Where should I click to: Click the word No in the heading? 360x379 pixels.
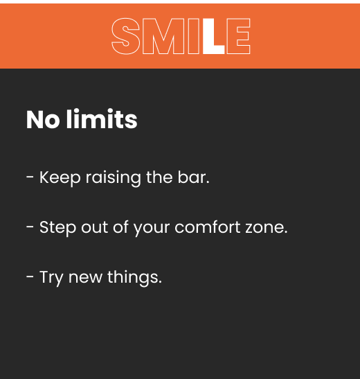coord(43,119)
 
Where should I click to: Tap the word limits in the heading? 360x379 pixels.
coord(102,119)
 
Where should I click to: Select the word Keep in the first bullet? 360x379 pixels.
coord(60,178)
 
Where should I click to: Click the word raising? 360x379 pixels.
coord(114,178)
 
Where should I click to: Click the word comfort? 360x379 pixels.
coord(208,227)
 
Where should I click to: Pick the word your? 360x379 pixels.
coord(152,229)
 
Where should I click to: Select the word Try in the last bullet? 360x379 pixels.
coord(51,278)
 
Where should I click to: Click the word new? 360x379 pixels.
coord(85,278)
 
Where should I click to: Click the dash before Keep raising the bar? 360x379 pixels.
coord(30,177)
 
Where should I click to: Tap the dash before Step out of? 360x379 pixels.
coord(30,227)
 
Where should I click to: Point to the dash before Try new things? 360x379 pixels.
coord(30,276)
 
